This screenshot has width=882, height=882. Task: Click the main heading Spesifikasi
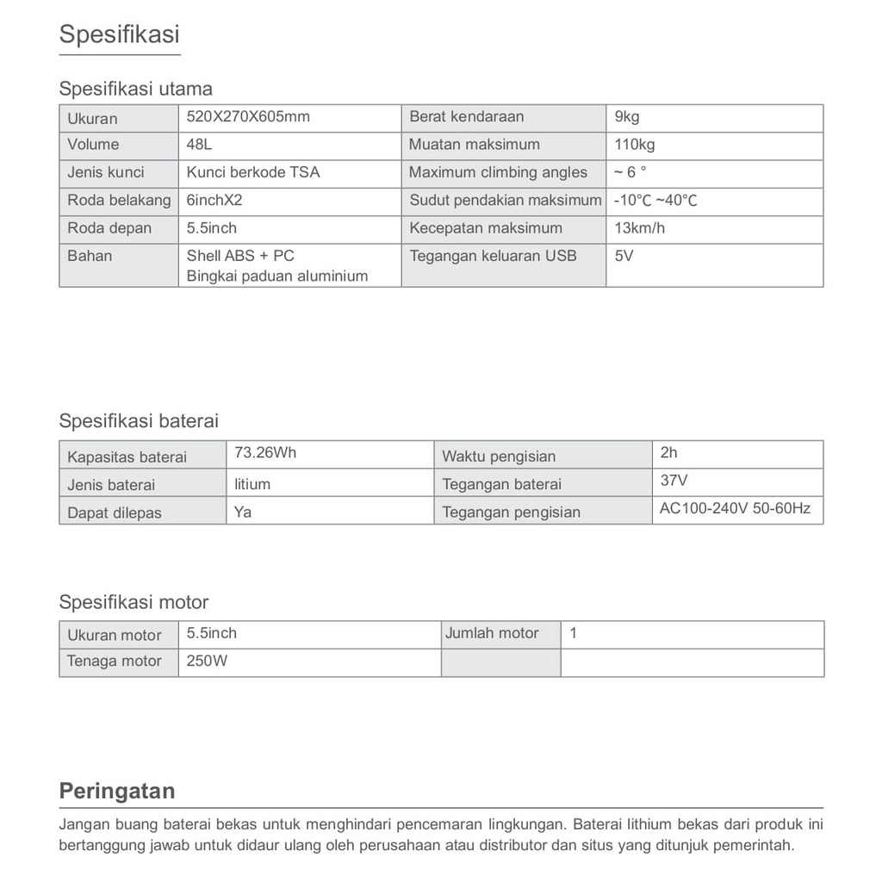point(119,34)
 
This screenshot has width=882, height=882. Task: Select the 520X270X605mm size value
point(248,116)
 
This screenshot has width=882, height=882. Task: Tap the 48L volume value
point(199,144)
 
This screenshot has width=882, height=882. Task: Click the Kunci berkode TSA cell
point(252,171)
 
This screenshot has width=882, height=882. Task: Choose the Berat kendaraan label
point(466,116)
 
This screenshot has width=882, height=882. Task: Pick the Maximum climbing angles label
point(498,172)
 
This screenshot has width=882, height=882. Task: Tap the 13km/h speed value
point(639,227)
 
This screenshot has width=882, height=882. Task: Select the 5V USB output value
point(624,255)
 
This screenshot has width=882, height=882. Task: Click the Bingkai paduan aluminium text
point(277,276)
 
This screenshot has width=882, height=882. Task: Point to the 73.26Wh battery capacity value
point(265,452)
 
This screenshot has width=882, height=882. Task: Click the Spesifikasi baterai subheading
point(139,421)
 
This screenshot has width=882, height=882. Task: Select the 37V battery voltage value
point(674,481)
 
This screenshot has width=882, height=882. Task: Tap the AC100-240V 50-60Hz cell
point(735,508)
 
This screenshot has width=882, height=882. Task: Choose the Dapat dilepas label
point(115,512)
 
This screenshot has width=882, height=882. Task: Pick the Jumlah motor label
point(492,633)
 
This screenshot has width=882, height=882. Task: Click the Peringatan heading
point(116,791)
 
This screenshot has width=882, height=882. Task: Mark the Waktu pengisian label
point(499,457)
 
